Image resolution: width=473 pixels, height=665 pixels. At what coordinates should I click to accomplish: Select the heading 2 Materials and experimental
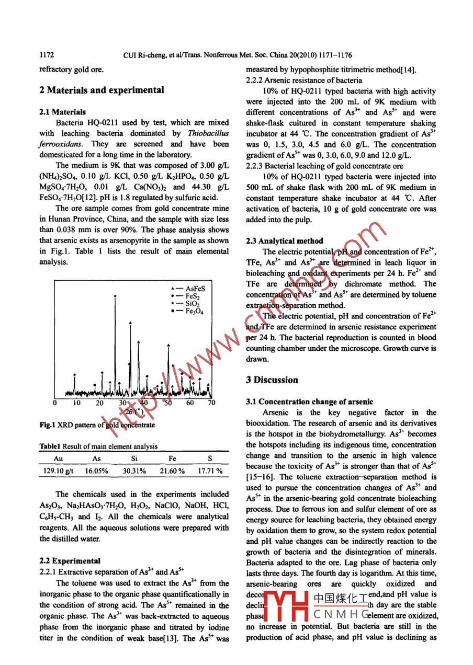pyautogui.click(x=102, y=90)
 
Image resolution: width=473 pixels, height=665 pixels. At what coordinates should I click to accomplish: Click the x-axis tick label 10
pyautogui.click(x=77, y=403)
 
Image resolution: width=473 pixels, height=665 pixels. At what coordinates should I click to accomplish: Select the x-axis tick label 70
pyautogui.click(x=211, y=403)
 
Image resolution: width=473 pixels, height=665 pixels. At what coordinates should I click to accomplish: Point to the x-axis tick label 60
pyautogui.click(x=189, y=403)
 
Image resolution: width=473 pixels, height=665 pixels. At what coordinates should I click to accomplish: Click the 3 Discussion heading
pyautogui.click(x=272, y=380)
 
